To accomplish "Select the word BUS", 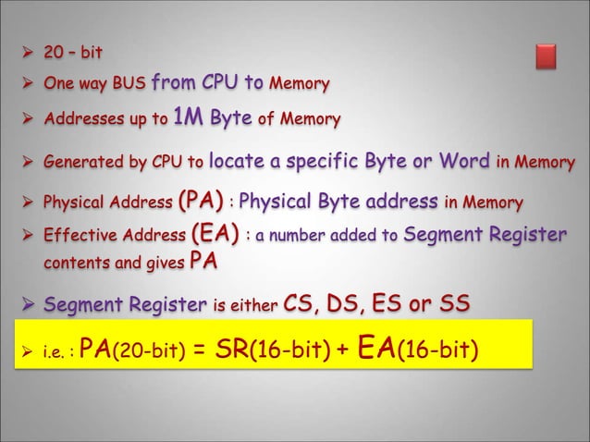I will pyautogui.click(x=124, y=86).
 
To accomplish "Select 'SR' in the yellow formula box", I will pyautogui.click(x=229, y=349).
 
